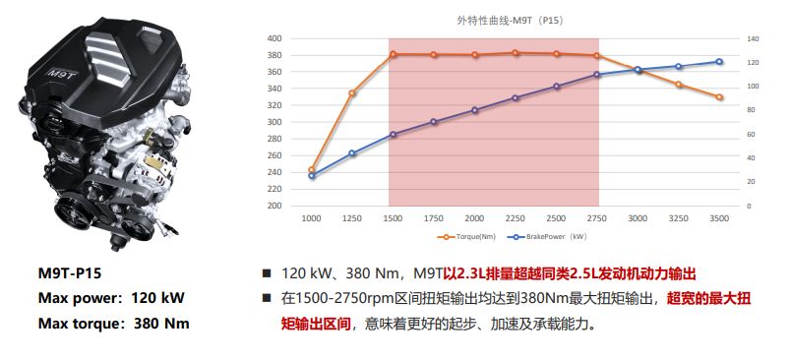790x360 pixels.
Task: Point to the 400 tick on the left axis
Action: click(x=274, y=38)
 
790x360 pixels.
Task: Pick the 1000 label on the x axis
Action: click(x=311, y=218)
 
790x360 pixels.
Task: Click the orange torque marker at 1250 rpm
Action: click(x=352, y=93)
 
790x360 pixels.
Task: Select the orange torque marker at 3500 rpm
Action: click(x=719, y=97)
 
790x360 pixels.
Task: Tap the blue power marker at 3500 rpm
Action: click(x=719, y=62)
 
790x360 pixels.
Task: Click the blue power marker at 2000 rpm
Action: click(x=474, y=110)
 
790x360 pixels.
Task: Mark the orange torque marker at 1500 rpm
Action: click(x=393, y=54)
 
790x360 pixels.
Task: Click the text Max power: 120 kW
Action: click(x=111, y=298)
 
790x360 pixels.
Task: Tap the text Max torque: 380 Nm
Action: click(x=113, y=323)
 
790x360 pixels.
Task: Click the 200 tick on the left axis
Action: click(x=274, y=207)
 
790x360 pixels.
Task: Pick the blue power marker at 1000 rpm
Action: click(x=312, y=176)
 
